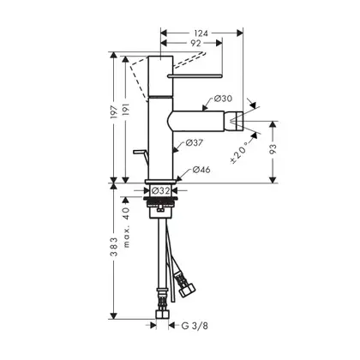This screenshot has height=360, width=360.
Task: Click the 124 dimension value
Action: (201, 33)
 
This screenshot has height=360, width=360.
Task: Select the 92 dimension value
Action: (195, 43)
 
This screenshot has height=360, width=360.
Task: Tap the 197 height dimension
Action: (113, 112)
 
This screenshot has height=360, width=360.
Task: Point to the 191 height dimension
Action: (126, 110)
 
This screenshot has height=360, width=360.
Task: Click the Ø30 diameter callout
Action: (223, 99)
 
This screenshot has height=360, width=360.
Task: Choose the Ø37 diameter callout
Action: (194, 142)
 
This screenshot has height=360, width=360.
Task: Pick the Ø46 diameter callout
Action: (201, 170)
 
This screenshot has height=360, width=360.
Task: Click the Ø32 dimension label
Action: (160, 190)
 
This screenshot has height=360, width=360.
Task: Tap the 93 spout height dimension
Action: (273, 149)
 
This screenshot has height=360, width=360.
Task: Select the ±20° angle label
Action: (239, 153)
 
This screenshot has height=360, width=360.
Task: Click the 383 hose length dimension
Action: (114, 247)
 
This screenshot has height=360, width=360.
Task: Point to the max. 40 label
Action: (126, 227)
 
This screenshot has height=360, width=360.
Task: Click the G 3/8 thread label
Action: (195, 326)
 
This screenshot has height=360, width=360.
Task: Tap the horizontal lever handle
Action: (195, 75)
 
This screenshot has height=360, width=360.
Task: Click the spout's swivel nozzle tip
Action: (237, 121)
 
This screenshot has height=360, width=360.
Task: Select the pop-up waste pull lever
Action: (141, 157)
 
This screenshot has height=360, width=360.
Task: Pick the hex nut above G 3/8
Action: (162, 315)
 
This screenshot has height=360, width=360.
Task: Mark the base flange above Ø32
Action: (160, 182)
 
